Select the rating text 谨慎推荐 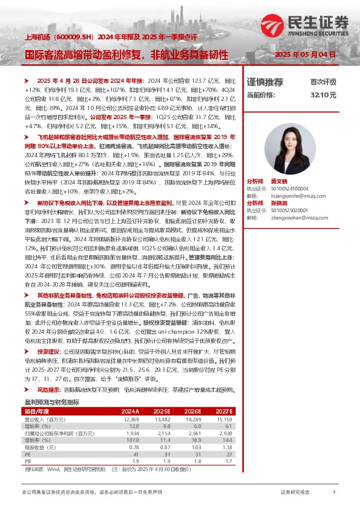[x=265, y=82]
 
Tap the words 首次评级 [x=322, y=82]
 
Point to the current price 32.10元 [x=322, y=95]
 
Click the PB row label [x=28, y=476]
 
